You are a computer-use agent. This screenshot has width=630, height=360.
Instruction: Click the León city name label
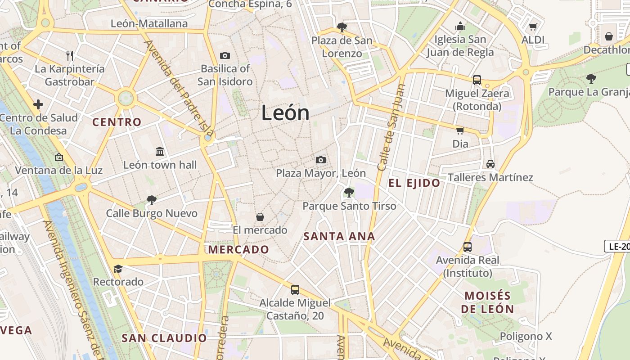tap(285, 112)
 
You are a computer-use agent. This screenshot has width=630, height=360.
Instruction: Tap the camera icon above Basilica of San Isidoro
tap(225, 55)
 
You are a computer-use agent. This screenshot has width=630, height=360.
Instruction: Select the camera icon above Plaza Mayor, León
tap(320, 160)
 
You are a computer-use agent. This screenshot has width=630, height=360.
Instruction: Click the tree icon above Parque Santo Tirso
tap(349, 193)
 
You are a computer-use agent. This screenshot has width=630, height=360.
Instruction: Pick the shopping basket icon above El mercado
tap(260, 217)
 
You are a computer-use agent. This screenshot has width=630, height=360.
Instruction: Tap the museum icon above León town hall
tap(160, 151)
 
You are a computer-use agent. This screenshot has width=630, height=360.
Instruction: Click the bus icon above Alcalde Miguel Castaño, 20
tap(295, 289)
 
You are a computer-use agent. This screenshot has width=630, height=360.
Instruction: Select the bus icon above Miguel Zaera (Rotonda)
tap(477, 80)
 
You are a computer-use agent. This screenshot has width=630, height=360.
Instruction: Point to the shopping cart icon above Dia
tap(460, 130)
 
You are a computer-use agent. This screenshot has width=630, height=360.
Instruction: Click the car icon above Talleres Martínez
tap(490, 164)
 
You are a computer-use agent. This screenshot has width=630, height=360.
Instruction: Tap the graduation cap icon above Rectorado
tap(118, 269)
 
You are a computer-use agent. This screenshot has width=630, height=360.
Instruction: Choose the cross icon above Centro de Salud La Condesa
tap(38, 104)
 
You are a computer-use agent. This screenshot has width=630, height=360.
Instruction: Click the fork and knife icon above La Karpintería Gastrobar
tap(70, 56)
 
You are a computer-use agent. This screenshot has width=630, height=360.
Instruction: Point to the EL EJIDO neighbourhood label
tap(414, 183)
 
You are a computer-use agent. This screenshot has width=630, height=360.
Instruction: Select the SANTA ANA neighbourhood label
tap(339, 236)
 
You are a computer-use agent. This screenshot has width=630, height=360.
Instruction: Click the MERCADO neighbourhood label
tap(238, 250)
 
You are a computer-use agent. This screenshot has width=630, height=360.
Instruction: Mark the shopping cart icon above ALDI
tap(533, 27)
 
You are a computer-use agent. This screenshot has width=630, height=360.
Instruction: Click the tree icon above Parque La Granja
tap(591, 79)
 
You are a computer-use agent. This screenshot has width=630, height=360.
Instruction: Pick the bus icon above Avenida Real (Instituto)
tap(468, 247)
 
